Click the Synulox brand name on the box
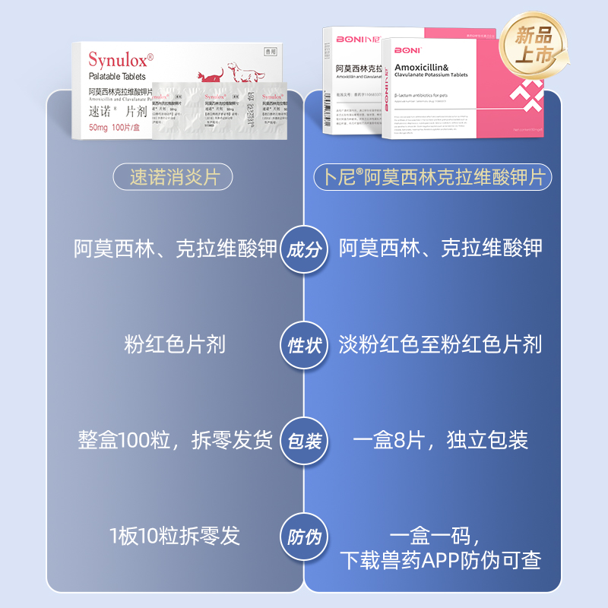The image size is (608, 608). tap(120, 59)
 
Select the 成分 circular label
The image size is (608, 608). tap(304, 249)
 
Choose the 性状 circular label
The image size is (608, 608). tap(304, 345)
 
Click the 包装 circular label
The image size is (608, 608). tap(304, 441)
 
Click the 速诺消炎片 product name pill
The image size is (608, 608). tap(175, 178)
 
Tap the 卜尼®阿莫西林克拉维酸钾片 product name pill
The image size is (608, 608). tap(432, 178)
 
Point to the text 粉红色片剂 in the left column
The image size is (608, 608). tap(175, 344)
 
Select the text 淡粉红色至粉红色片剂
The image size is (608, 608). tap(440, 344)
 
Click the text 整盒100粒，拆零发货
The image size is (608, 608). tap(175, 441)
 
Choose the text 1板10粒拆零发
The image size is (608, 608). tap(175, 536)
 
